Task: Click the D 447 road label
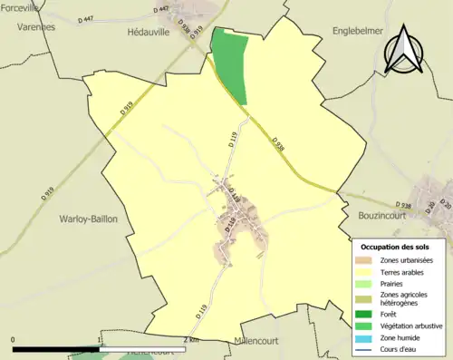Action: pyautogui.click(x=163, y=8)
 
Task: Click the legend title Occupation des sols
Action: pyautogui.click(x=395, y=247)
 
